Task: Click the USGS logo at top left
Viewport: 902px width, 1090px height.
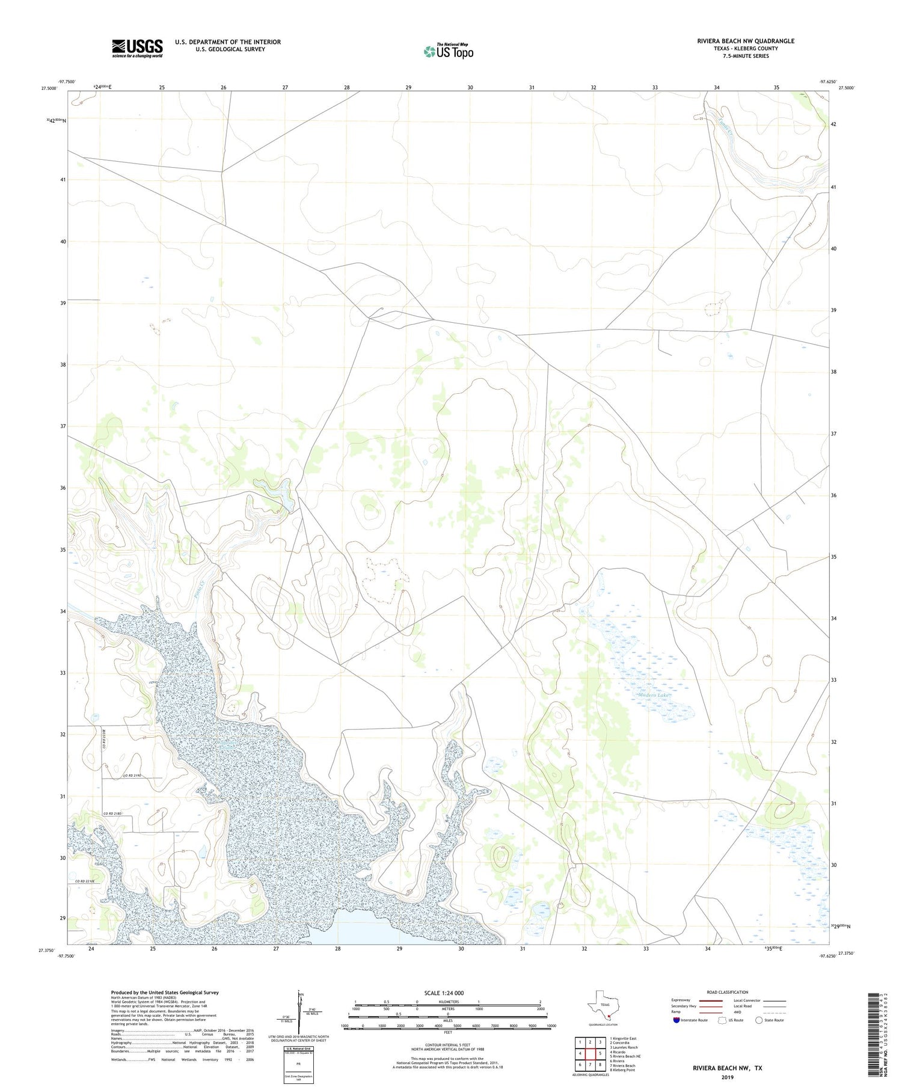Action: (137, 48)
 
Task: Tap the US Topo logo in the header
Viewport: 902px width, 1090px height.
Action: (449, 52)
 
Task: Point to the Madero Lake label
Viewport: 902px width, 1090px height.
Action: (654, 695)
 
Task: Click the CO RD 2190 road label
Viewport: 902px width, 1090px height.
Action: (136, 777)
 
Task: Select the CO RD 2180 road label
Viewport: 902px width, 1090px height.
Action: (112, 813)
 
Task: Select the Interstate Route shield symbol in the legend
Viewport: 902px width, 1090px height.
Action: (677, 1020)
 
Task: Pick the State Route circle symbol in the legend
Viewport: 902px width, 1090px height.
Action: (759, 1020)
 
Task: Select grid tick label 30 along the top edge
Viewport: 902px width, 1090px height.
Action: (470, 88)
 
